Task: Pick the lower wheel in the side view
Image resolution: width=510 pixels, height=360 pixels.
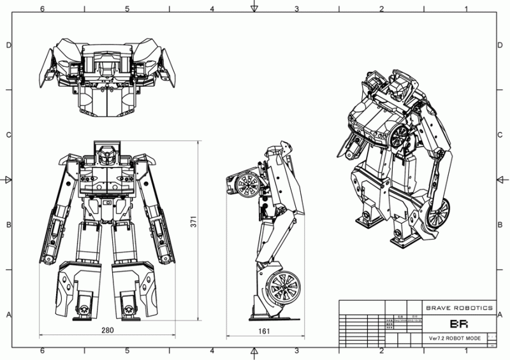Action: (284, 285)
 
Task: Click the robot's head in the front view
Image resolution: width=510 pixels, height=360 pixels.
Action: (106, 154)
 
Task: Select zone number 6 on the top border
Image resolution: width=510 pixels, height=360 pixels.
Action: (42, 8)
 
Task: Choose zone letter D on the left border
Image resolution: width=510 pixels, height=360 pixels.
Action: (8, 45)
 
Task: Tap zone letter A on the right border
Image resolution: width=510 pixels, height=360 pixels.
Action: (502, 315)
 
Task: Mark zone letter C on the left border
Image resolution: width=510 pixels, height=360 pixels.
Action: (8, 135)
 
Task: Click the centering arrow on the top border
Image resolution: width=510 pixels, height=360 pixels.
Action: (254, 8)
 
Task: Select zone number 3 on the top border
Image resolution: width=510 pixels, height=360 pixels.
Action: (296, 8)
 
